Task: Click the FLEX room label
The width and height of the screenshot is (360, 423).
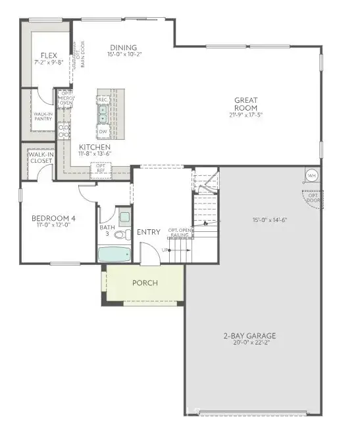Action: point(48,55)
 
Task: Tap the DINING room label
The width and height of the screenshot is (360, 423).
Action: point(123,47)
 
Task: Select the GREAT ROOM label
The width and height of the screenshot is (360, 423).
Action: point(246,104)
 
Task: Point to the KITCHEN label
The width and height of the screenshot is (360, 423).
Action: point(95,147)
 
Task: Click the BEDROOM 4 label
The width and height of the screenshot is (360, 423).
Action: point(49,218)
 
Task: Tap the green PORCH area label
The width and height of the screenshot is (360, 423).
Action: point(146,283)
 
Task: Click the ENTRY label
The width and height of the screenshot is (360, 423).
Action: point(149,232)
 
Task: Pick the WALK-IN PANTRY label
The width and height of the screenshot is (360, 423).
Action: point(43,116)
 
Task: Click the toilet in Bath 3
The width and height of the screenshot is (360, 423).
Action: point(120,233)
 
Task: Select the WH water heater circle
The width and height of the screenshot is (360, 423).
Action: point(312,176)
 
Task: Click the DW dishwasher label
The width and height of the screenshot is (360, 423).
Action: point(103,132)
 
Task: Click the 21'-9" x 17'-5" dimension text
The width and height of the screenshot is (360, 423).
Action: point(246,115)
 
